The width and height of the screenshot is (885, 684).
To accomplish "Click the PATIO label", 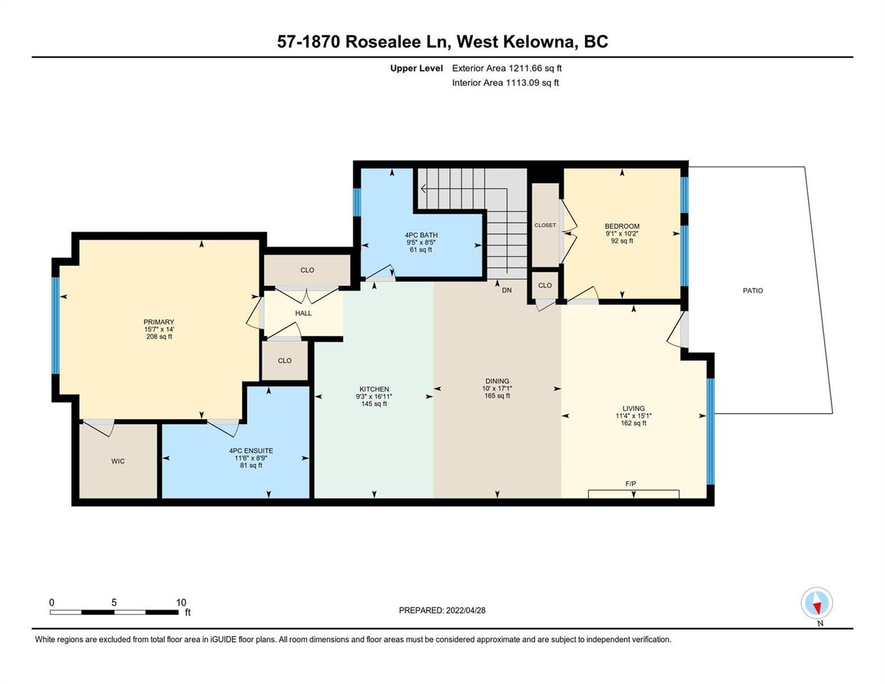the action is pyautogui.click(x=752, y=291).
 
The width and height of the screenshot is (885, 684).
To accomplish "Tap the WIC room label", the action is pyautogui.click(x=118, y=461).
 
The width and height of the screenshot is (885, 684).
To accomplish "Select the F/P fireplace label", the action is pyautogui.click(x=630, y=483).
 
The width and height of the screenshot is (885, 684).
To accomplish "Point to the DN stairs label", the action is pyautogui.click(x=507, y=290).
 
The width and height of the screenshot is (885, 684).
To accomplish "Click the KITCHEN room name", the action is pyautogui.click(x=374, y=389).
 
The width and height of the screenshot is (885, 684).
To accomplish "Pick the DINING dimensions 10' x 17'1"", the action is pyautogui.click(x=497, y=388).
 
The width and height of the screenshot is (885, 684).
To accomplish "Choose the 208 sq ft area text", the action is pyautogui.click(x=159, y=336).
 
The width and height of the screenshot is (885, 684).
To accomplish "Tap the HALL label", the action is pyautogui.click(x=303, y=313).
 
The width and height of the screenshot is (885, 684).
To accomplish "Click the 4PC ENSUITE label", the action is pyautogui.click(x=251, y=450).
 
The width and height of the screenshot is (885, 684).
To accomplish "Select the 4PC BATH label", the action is pyautogui.click(x=421, y=235).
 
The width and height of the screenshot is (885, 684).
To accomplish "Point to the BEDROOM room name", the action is pyautogui.click(x=622, y=226).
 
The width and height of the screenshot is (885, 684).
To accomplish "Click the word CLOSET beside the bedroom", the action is pyautogui.click(x=545, y=225).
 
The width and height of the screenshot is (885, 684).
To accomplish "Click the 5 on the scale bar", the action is pyautogui.click(x=114, y=602).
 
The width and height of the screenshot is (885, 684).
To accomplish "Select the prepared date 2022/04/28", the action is pyautogui.click(x=466, y=610).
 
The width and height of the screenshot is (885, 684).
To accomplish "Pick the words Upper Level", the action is pyautogui.click(x=416, y=68).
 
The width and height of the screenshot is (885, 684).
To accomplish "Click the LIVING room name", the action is pyautogui.click(x=633, y=408).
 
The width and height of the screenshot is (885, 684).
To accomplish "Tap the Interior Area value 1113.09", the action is pyautogui.click(x=523, y=83).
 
